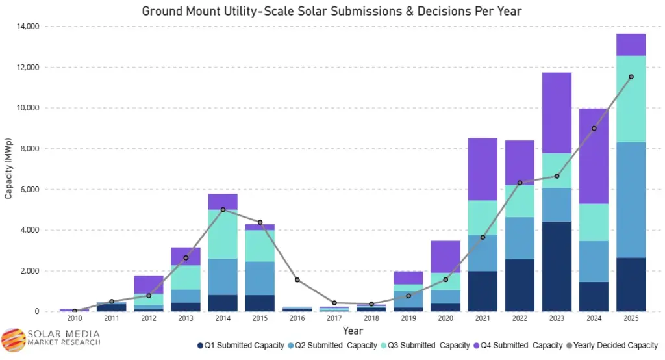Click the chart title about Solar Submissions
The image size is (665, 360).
[331, 11]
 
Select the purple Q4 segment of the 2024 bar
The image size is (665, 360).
[594, 156]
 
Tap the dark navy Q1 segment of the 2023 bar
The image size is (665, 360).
[557, 266]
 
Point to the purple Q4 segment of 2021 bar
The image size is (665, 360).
[483, 169]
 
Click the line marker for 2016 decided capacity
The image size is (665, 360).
[297, 280]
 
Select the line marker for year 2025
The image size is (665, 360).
[631, 77]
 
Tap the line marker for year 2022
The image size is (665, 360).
[520, 183]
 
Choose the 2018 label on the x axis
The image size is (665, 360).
[371, 318]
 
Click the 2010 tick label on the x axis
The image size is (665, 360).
[74, 318]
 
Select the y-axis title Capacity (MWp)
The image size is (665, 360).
[8, 168]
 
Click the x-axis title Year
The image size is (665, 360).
[353, 331]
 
